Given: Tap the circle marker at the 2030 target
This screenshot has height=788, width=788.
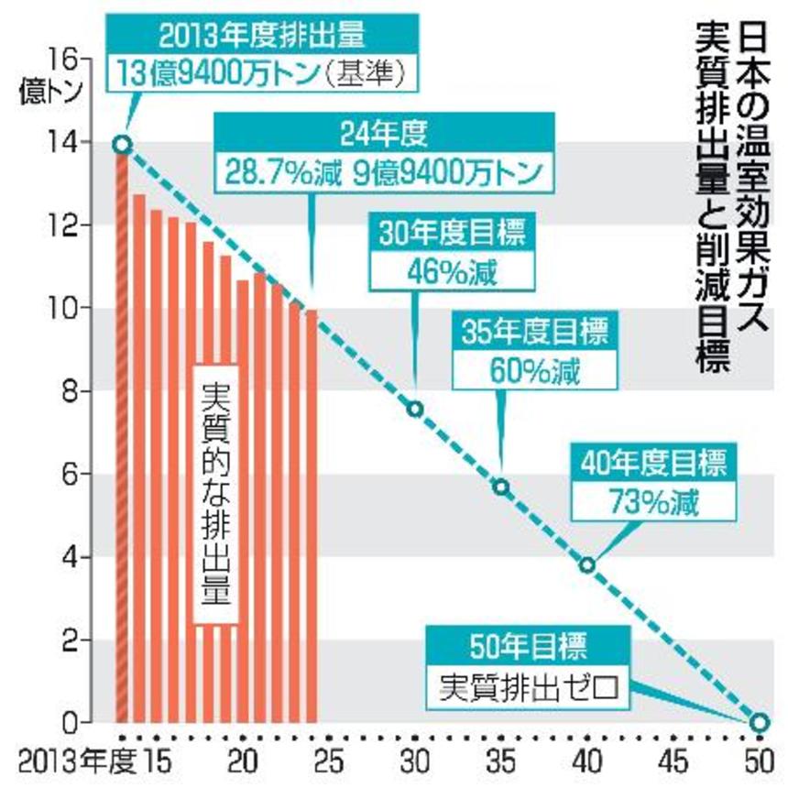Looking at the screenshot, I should (x=415, y=409).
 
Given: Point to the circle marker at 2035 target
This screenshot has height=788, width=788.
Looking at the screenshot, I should (x=501, y=487).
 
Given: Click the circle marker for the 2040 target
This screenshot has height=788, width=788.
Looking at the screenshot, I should (x=587, y=564).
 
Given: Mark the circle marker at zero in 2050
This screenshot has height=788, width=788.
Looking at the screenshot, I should (x=759, y=722).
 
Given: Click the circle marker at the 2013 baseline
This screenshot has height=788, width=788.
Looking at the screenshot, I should (x=122, y=144).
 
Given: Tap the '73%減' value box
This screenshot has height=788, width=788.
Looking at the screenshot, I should (x=651, y=502).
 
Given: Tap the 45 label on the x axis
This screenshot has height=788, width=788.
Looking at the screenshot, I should (x=673, y=764).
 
